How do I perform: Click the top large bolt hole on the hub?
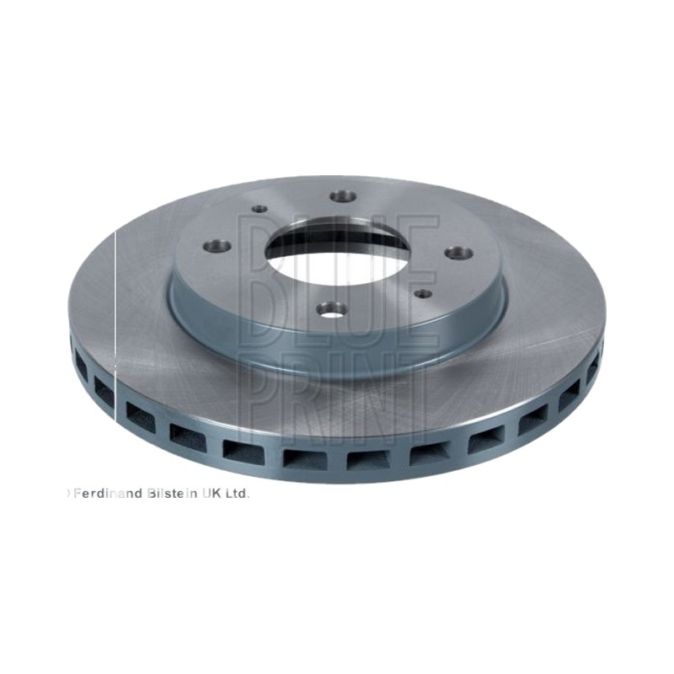point(344,196)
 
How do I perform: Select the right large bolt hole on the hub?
point(458,253)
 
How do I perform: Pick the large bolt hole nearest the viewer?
point(333,309)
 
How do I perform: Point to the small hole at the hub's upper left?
point(259,209)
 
